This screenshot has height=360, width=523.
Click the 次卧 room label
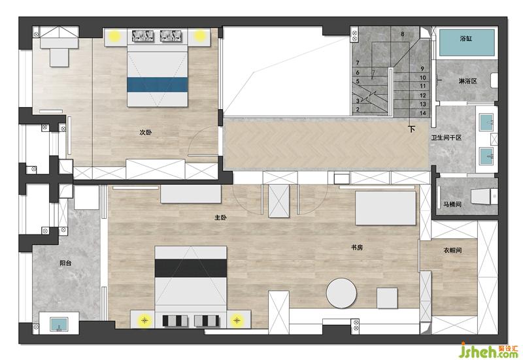(x=145, y=133)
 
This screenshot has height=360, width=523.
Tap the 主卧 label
(x=220, y=218)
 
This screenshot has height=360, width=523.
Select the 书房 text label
(x=357, y=248)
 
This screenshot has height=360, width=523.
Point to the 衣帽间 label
(x=452, y=250)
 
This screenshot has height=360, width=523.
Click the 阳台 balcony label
(x=65, y=263)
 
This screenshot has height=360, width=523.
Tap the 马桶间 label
(x=452, y=204)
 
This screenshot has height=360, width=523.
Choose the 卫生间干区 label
(x=447, y=137)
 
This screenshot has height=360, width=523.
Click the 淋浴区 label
(x=467, y=81)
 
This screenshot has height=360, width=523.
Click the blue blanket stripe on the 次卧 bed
(x=157, y=85)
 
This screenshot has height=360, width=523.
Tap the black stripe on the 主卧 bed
(x=191, y=268)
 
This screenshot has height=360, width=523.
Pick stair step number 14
(x=423, y=113)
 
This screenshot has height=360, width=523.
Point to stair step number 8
(x=403, y=34)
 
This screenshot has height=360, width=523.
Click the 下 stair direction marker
(x=412, y=129)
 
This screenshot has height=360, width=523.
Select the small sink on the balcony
(x=59, y=324)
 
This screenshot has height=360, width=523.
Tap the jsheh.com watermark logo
(x=488, y=350)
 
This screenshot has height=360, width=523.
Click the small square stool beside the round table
(x=387, y=298)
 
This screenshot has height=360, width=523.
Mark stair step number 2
(x=358, y=109)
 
